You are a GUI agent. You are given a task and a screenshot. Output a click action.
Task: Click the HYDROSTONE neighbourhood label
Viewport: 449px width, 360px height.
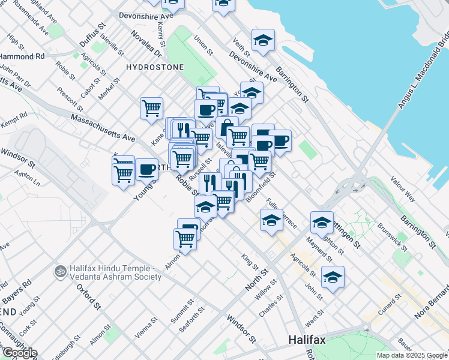[x=155, y=67]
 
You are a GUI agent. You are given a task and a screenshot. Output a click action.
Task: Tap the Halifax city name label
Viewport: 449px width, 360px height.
[x=307, y=340]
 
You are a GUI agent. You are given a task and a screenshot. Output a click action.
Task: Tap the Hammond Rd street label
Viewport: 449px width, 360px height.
[x=23, y=56]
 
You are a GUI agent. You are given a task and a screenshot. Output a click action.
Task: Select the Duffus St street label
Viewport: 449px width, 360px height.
[x=92, y=37]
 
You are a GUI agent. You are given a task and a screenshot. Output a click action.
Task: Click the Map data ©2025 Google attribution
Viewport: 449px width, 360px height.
[x=412, y=355]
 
